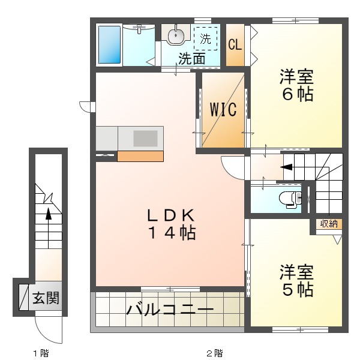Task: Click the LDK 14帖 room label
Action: [172, 224]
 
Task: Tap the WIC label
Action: [223, 110]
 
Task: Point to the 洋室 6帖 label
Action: [296, 86]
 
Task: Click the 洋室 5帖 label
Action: [296, 281]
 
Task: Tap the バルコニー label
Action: [170, 310]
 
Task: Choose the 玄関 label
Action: [46, 298]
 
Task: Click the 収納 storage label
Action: [328, 224]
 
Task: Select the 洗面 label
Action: [192, 59]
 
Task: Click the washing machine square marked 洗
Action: [206, 40]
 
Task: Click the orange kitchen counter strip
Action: [140, 156]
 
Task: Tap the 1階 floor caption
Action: [41, 353]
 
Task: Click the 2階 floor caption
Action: [215, 353]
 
